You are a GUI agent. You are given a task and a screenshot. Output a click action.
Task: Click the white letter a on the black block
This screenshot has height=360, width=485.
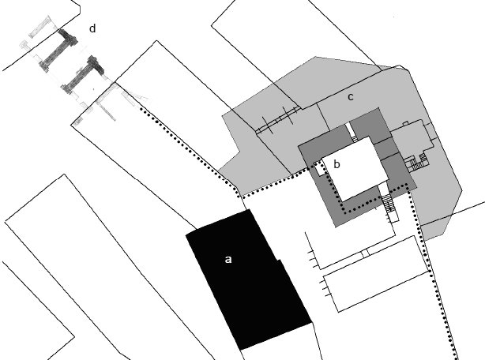click(228, 259)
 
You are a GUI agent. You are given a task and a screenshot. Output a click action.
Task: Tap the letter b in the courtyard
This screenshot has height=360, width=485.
click(336, 164)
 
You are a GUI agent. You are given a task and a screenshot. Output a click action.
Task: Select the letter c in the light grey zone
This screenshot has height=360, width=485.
click(350, 97)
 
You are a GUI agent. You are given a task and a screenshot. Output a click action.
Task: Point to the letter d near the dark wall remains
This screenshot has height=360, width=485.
click(92, 28)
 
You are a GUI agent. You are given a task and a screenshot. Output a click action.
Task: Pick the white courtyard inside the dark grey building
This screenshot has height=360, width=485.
click(355, 168)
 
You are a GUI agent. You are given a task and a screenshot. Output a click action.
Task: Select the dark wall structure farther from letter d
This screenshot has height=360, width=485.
click(82, 74)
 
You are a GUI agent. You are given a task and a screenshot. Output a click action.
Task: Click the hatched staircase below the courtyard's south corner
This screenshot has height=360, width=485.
click(389, 203)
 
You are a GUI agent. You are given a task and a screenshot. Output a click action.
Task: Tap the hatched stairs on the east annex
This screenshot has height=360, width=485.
click(417, 163)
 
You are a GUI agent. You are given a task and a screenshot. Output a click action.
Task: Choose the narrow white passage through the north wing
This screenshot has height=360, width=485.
click(352, 132)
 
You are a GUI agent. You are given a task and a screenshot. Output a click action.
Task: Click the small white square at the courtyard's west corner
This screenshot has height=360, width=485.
click(318, 168)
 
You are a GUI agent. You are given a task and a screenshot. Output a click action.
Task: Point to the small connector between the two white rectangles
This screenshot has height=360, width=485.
click(365, 253)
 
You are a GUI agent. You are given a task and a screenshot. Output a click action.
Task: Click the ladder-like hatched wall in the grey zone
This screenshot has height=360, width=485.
click(277, 121)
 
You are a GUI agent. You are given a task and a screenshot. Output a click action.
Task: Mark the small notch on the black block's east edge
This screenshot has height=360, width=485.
click(278, 261)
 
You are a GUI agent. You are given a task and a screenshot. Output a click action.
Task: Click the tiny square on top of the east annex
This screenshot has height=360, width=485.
click(405, 124)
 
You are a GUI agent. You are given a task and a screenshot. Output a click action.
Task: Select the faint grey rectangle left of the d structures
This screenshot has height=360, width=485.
click(39, 28)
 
